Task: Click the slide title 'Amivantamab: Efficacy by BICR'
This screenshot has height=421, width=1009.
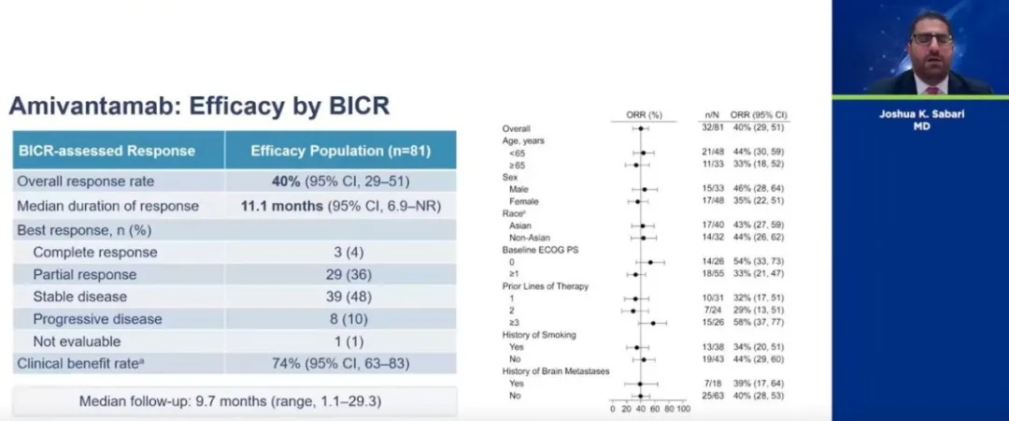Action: click(199, 106)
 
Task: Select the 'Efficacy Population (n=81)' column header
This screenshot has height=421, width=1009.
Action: click(340, 150)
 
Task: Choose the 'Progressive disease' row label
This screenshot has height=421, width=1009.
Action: click(96, 319)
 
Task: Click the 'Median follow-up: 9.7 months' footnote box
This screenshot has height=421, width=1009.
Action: click(234, 402)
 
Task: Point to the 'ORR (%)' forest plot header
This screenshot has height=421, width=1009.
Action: click(644, 114)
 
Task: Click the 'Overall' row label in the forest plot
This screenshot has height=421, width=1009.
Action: click(517, 127)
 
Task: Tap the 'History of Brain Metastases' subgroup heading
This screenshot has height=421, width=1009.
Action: click(556, 371)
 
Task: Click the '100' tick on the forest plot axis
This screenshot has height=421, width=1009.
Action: click(683, 409)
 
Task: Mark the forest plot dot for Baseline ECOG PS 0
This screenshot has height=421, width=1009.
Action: click(650, 262)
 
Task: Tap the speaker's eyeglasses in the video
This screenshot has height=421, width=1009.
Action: click(925, 40)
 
